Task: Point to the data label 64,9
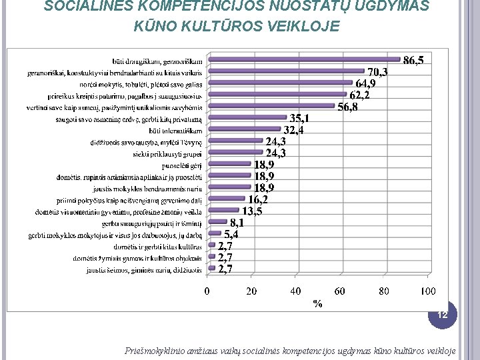365,84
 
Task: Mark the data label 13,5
251,211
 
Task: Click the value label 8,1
237,223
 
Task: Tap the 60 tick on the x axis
339,291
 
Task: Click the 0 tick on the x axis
207,291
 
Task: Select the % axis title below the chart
317,303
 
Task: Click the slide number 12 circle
442,313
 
